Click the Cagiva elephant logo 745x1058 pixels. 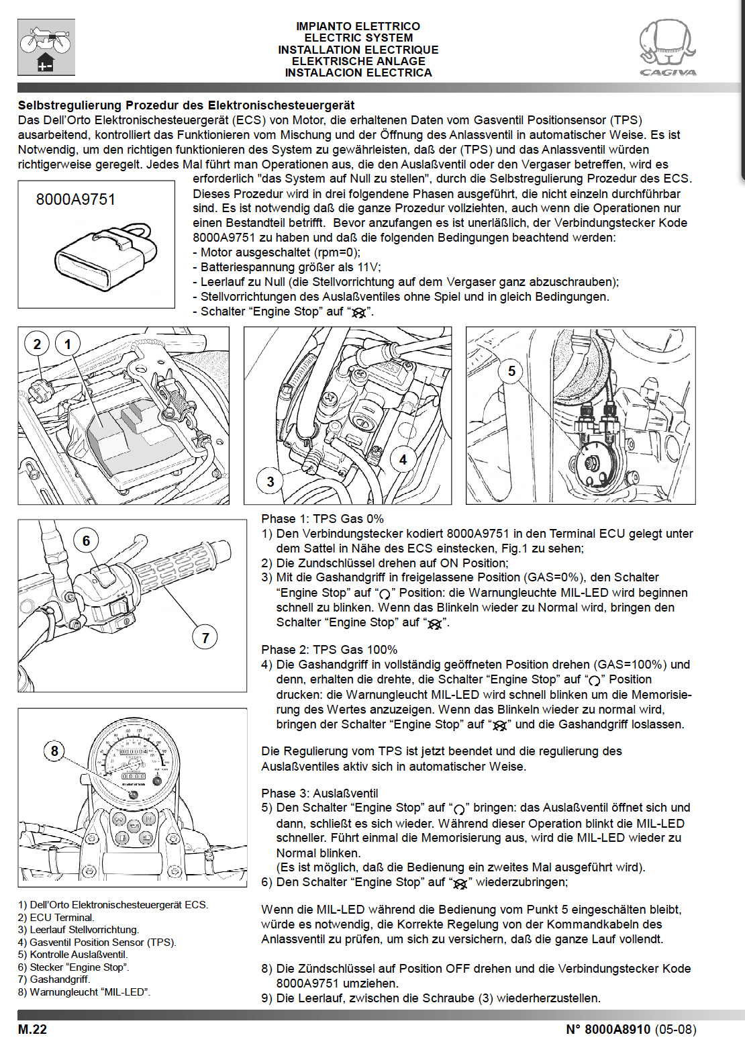coord(667,47)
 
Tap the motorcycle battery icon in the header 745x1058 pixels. coord(46,46)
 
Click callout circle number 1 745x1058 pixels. coord(67,344)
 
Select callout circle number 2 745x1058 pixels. coord(37,344)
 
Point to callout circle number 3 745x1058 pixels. coord(270,481)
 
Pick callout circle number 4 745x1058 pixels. coord(403,460)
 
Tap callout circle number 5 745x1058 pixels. coord(511,371)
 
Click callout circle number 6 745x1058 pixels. coord(86,540)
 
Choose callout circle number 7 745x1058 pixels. coord(205,637)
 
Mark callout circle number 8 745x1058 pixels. coord(54,751)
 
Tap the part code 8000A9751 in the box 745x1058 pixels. coord(76,199)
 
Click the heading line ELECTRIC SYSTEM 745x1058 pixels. coord(358,38)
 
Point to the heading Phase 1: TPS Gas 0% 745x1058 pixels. coord(322,519)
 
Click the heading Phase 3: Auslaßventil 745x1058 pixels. coord(319,793)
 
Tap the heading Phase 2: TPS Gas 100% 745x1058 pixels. coord(329,650)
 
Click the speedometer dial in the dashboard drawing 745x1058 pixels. coord(134,759)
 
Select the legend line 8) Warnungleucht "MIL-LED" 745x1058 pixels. coord(85,992)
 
